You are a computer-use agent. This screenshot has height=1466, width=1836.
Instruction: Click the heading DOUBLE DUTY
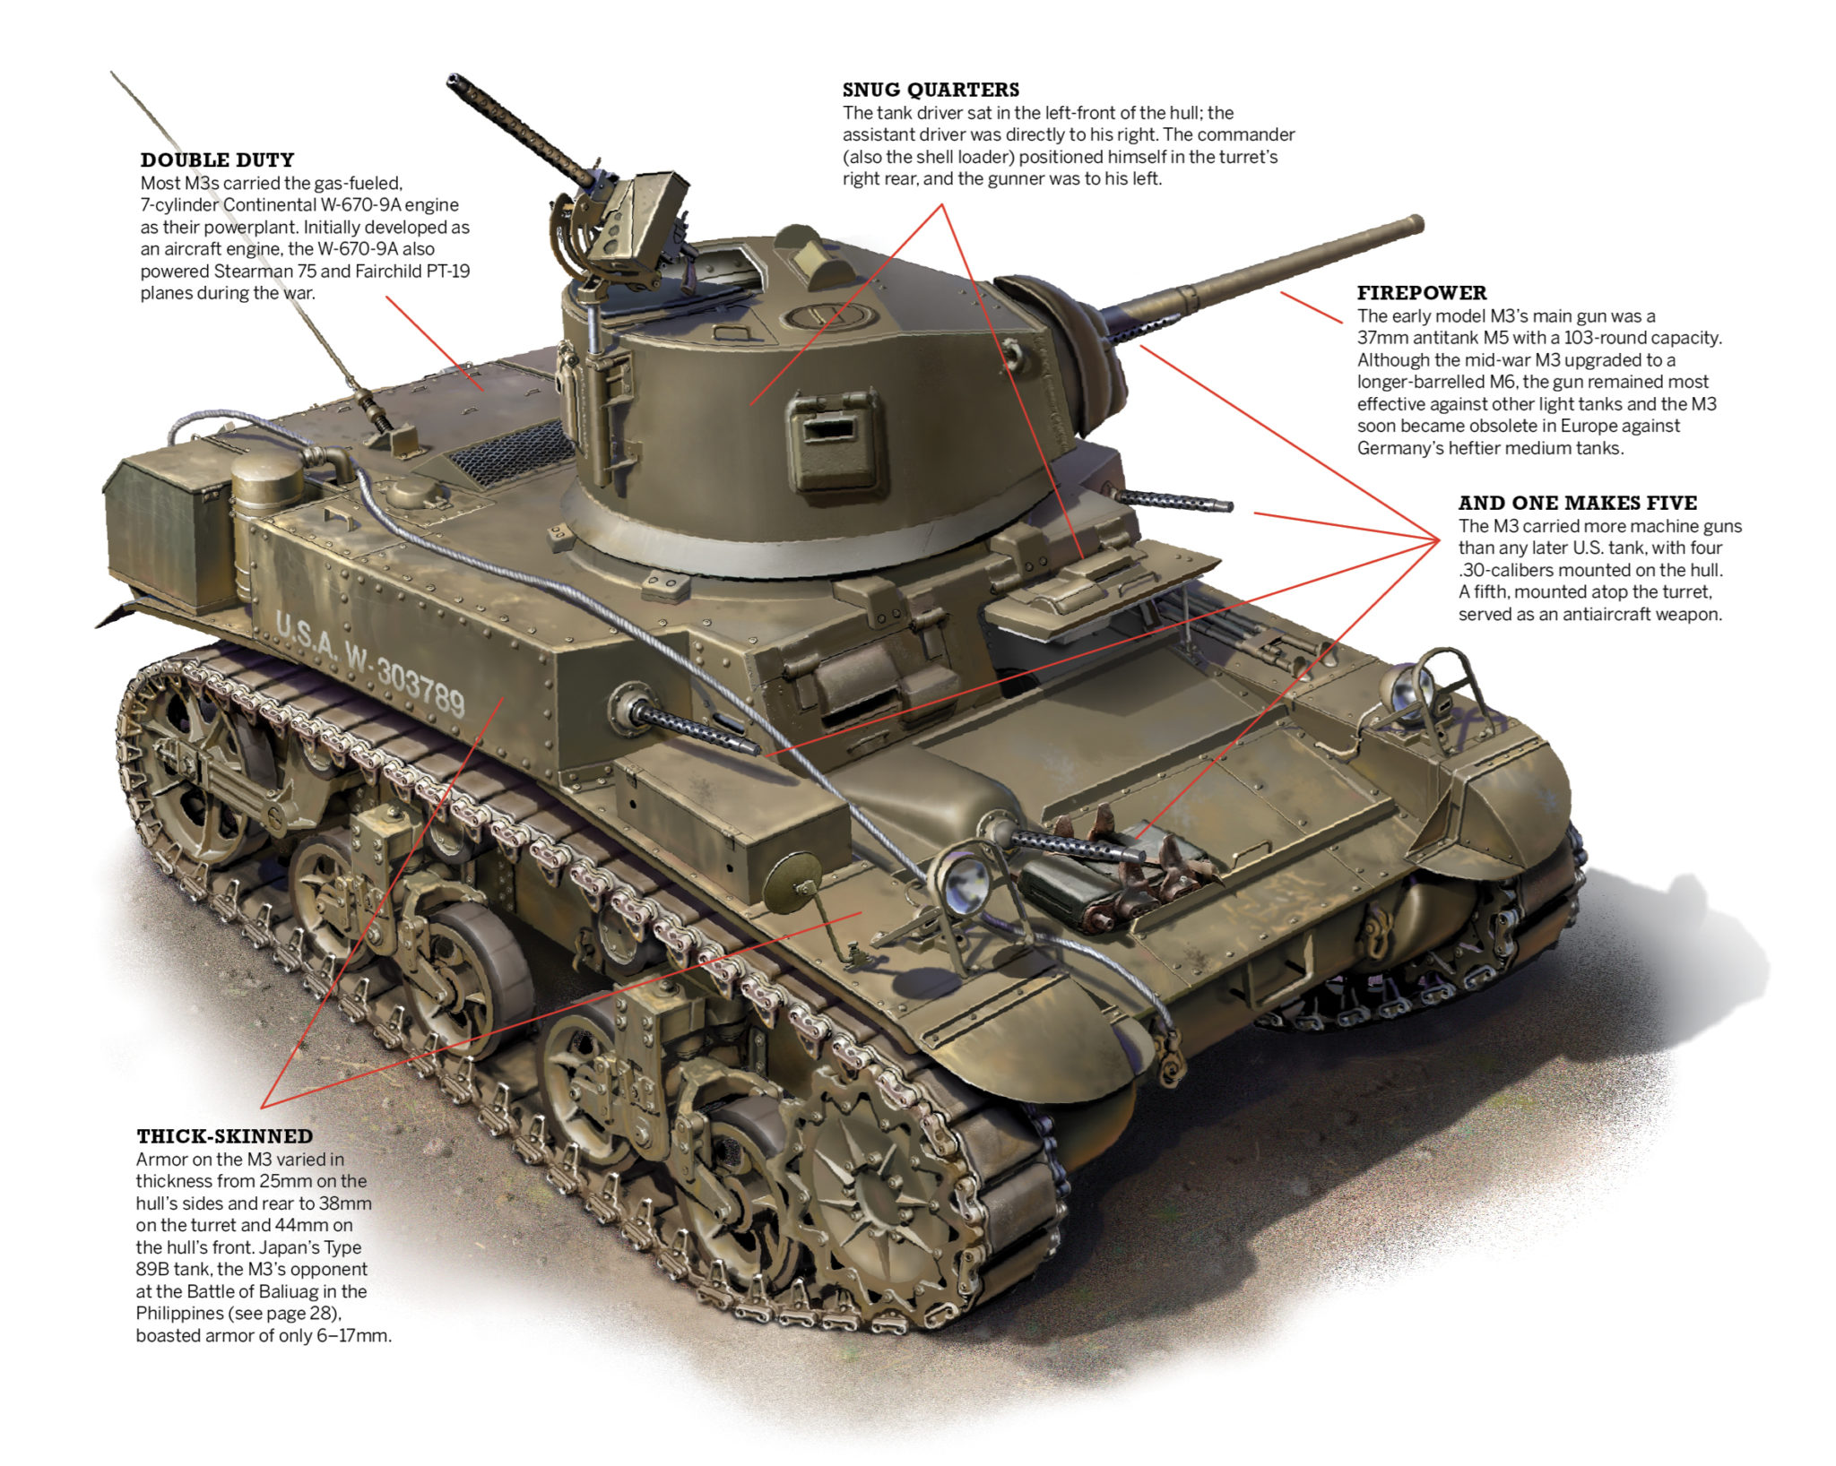pos(217,160)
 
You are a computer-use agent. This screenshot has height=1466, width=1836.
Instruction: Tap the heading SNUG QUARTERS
pos(930,90)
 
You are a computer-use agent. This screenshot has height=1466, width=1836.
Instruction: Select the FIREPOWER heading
pos(1421,293)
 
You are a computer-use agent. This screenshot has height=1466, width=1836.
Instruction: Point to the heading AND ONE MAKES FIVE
pos(1577,503)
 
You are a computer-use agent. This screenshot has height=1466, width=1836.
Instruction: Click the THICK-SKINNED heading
pos(224,1136)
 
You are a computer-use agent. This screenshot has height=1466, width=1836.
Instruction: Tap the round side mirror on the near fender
pos(792,877)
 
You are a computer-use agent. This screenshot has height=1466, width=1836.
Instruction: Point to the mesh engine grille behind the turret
pos(511,453)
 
